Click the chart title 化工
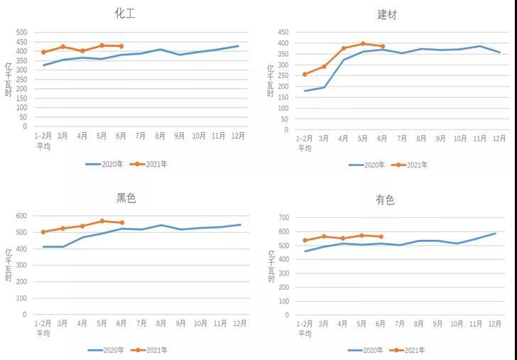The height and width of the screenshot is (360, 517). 125,13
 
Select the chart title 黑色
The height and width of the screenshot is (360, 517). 126,198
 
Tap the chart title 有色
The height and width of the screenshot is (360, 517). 385,200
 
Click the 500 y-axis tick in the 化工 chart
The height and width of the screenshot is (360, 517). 21,32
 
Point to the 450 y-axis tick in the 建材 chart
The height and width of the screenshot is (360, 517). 283,32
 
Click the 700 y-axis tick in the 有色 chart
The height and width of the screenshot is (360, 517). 283,217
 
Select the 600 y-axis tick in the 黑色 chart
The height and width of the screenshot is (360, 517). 21,216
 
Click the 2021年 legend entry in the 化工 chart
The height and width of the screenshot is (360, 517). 156,164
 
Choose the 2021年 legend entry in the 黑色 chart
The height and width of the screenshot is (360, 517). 156,350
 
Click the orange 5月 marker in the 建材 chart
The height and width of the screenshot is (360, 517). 363,43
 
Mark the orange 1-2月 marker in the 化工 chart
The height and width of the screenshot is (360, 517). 43,52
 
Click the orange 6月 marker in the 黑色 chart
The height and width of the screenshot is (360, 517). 121,223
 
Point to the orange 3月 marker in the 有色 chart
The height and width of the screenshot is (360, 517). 324,236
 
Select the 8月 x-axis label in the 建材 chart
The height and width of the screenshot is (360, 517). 421,138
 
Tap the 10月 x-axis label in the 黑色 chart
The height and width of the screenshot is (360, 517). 200,322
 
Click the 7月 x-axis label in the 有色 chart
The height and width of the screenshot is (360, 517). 402,323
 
